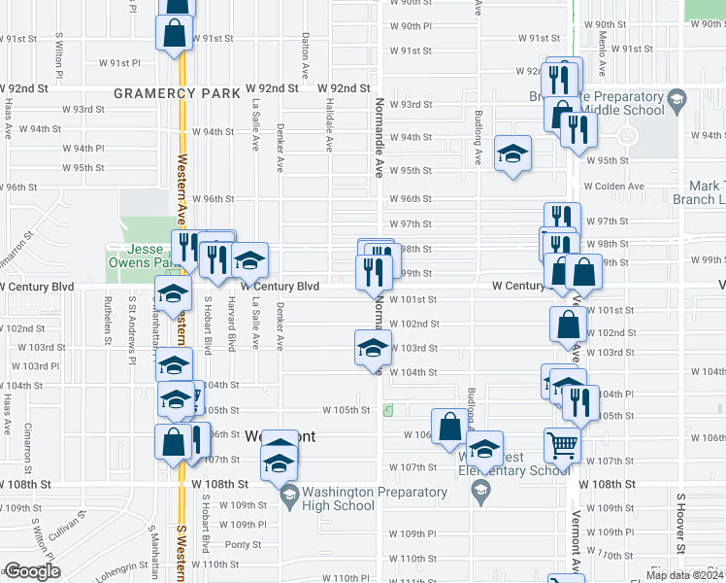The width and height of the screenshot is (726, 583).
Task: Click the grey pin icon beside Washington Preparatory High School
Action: click(288, 497)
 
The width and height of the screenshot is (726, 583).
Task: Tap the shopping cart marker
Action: click(562, 446)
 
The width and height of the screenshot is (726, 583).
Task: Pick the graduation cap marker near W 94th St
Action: click(512, 154)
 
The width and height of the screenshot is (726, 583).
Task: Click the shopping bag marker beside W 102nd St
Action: click(568, 326)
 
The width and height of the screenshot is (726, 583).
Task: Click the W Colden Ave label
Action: click(613, 187)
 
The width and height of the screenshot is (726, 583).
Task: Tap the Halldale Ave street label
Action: click(330, 125)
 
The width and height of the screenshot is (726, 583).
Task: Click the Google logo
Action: click(32, 571)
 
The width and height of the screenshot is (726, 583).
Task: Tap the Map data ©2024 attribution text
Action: click(683, 575)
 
